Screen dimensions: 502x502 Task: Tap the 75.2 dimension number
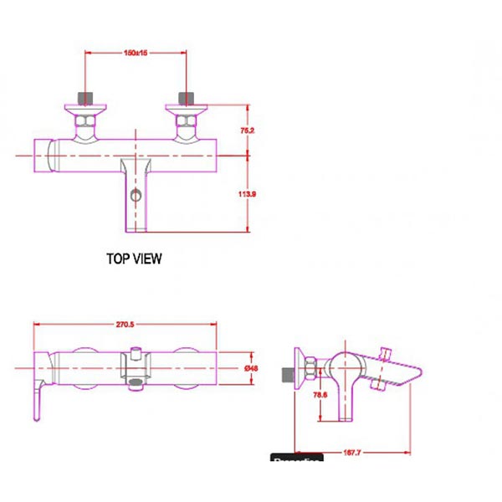pos(247,131)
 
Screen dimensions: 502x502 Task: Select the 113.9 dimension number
pos(247,193)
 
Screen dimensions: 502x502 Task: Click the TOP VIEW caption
pos(134,259)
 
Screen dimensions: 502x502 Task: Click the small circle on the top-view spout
pos(134,197)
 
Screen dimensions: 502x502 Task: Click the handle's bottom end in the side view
pos(345,417)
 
